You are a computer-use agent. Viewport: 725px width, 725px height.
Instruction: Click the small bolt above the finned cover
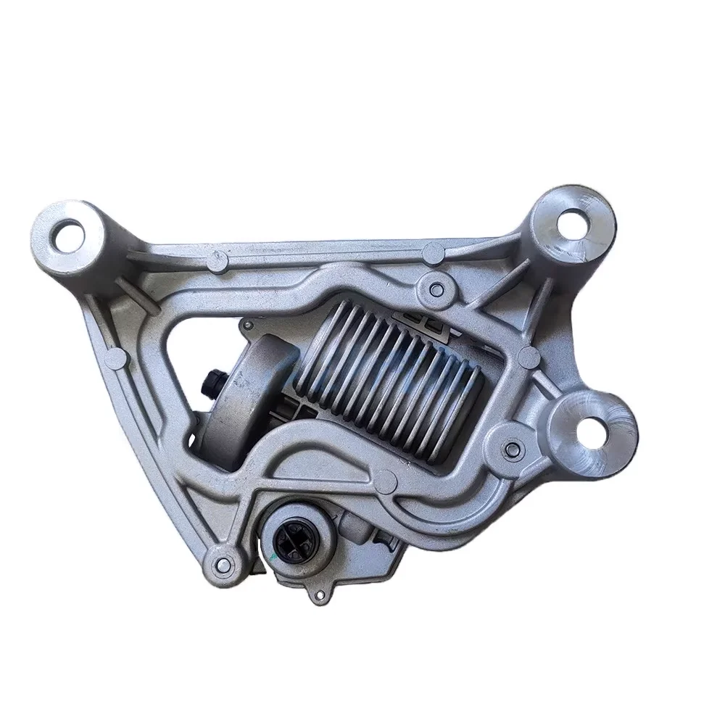point(435,289)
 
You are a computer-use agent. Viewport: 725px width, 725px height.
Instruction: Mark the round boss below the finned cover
point(388,478)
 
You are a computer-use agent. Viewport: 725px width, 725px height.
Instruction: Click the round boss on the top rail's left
point(215,259)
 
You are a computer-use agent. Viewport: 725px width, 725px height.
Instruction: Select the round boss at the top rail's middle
point(433,252)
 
